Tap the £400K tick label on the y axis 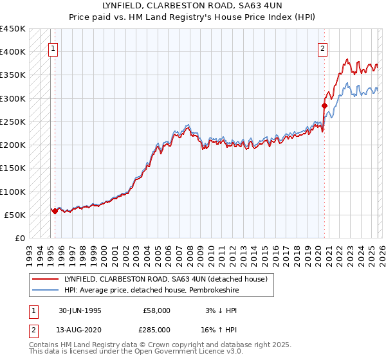pyautogui.click(x=13, y=51)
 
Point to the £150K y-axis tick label pyautogui.click(x=13, y=168)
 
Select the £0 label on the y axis pyautogui.click(x=20, y=238)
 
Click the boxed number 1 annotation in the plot pyautogui.click(x=53, y=47)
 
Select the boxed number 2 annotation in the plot pyautogui.click(x=322, y=47)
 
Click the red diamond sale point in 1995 pyautogui.click(x=55, y=211)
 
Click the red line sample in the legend pyautogui.click(x=46, y=278)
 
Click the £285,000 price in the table pyautogui.click(x=156, y=329)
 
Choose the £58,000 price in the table pyautogui.click(x=156, y=310)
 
